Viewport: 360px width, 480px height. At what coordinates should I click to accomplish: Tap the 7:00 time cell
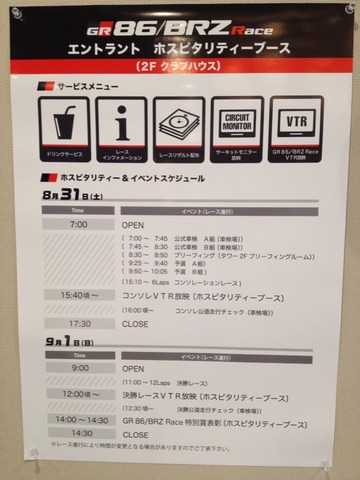[x=78, y=225]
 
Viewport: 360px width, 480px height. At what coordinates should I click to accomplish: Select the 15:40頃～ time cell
[x=78, y=295]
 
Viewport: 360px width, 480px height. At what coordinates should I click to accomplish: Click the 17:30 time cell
[x=78, y=323]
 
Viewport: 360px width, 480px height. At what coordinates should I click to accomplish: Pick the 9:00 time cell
[x=78, y=367]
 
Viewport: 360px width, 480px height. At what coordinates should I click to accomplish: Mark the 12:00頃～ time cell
[x=78, y=395]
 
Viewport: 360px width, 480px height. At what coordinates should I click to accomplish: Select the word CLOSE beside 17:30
[x=135, y=323]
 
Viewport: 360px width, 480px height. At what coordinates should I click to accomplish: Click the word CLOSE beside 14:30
[x=135, y=434]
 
